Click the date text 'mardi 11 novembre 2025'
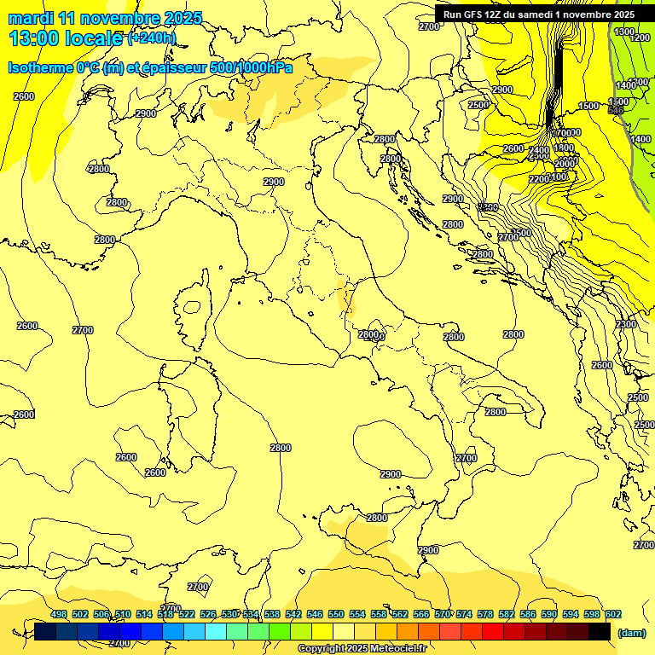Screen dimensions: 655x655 pyautogui.click(x=105, y=17)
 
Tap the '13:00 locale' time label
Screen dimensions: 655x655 pyautogui.click(x=67, y=38)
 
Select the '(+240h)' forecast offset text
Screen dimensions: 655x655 pyautogui.click(x=152, y=38)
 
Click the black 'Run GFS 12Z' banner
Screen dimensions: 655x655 pyautogui.click(x=538, y=14)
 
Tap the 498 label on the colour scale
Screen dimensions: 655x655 pyautogui.click(x=59, y=614)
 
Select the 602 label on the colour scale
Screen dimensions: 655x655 pyautogui.click(x=612, y=614)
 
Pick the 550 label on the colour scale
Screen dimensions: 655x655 pyautogui.click(x=335, y=614)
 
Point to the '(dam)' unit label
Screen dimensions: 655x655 pyautogui.click(x=631, y=632)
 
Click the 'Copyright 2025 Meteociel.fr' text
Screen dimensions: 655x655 pyautogui.click(x=362, y=648)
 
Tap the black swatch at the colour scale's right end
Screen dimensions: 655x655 pyautogui.click(x=600, y=631)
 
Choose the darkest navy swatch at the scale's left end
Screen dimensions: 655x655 pyautogui.click(x=45, y=631)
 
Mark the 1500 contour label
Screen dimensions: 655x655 pyautogui.click(x=588, y=106)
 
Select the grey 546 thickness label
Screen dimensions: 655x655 pyautogui.click(x=616, y=110)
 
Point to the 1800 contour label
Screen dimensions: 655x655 pyautogui.click(x=564, y=148)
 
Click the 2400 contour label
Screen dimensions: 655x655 pyautogui.click(x=538, y=150)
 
